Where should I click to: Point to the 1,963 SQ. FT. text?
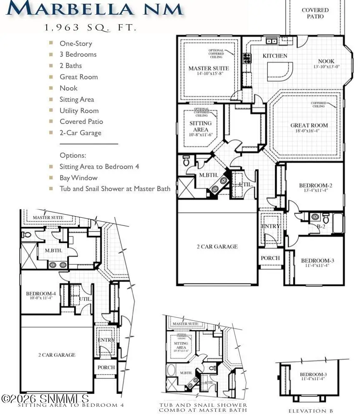pyautogui.click(x=91, y=28)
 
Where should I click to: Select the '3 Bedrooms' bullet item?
pyautogui.click(x=78, y=54)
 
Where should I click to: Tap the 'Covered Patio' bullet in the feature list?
pyautogui.click(x=81, y=121)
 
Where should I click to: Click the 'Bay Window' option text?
pyautogui.click(x=78, y=178)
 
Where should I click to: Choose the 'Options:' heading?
pyautogui.click(x=73, y=155)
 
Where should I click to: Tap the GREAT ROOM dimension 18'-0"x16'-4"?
pyautogui.click(x=309, y=131)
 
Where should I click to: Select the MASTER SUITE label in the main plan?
pyautogui.click(x=209, y=68)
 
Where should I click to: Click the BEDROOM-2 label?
pyautogui.click(x=315, y=185)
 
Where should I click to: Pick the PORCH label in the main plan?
pyautogui.click(x=270, y=258)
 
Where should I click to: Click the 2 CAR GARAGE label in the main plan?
pyautogui.click(x=217, y=247)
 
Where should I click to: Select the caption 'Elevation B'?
pyautogui.click(x=311, y=411)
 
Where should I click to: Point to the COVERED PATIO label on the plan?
pyautogui.click(x=315, y=13)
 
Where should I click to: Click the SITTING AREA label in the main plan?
pyautogui.click(x=201, y=126)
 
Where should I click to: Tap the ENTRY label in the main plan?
pyautogui.click(x=270, y=226)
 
